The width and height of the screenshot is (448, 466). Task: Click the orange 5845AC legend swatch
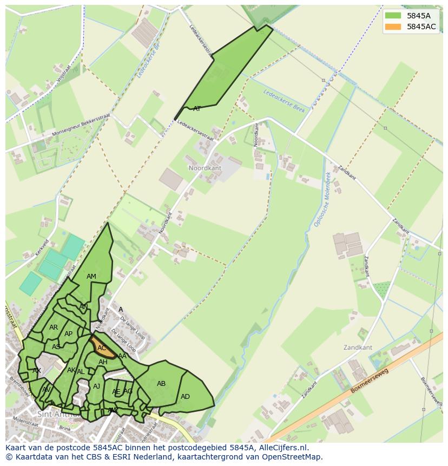(393, 27)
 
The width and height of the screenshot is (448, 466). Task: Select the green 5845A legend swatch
(393, 16)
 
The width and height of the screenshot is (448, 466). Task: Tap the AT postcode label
(197, 109)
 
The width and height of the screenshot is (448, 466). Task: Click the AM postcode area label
(91, 277)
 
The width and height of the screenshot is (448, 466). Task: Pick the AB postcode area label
(161, 384)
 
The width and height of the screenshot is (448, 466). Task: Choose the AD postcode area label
(185, 397)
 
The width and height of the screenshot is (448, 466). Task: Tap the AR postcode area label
(54, 327)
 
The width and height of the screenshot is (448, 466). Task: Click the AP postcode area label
(68, 334)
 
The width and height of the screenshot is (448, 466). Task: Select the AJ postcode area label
(97, 386)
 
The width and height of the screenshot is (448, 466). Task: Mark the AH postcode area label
(103, 362)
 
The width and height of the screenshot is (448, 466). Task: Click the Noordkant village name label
(205, 168)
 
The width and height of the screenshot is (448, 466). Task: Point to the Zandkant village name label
(358, 347)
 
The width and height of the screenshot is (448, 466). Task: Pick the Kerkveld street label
(42, 247)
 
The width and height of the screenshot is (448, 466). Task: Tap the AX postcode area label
(37, 371)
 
